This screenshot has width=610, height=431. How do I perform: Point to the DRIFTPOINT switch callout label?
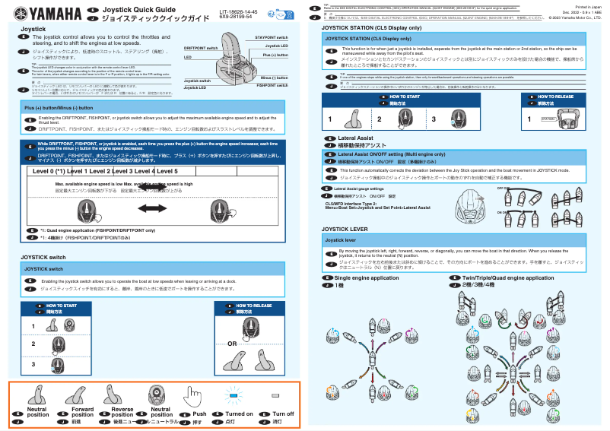[x=201, y=47]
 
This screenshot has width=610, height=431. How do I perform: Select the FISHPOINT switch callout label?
[x=272, y=86]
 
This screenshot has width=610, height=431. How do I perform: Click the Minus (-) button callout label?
[x=274, y=78]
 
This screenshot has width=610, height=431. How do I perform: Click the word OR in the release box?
[x=232, y=344]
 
